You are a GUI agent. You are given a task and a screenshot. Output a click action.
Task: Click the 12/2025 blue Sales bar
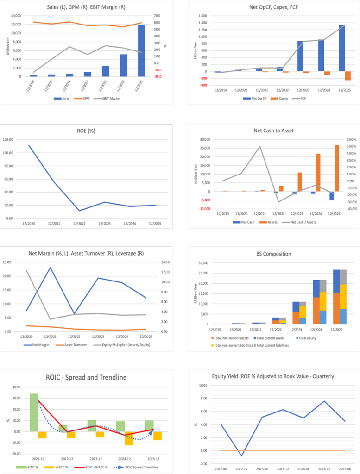coord(141,50)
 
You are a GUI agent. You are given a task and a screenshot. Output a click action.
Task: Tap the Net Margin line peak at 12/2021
coord(50,268)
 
